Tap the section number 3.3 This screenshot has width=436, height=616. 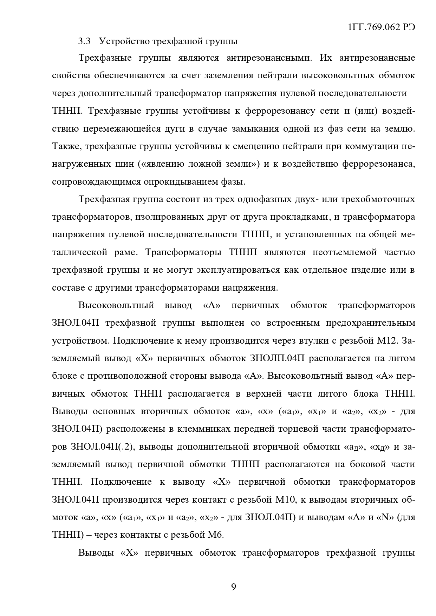pyautogui.click(x=84, y=41)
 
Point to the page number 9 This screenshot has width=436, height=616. pyautogui.click(x=234, y=587)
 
